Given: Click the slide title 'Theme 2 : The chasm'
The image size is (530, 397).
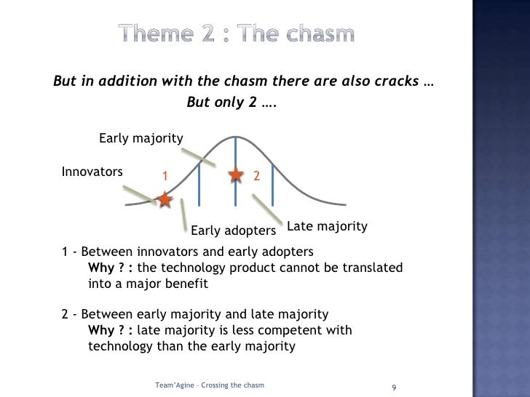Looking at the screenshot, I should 237,33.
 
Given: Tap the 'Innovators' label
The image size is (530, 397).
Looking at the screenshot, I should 92,172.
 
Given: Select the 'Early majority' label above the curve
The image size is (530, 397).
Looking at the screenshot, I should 141,138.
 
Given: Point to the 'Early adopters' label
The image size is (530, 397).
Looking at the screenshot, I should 233,231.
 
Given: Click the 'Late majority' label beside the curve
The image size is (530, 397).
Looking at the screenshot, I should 328,226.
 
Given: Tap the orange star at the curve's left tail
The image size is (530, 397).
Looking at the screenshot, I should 165,199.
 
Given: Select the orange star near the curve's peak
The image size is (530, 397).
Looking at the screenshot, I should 236,175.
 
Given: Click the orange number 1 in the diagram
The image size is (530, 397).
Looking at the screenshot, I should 165,176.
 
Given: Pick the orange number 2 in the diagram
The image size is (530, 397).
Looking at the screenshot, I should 256,176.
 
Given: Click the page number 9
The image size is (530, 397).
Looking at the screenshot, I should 394,385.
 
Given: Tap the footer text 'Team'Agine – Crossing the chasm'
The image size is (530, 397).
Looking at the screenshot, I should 210,383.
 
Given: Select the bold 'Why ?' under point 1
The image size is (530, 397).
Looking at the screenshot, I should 106,268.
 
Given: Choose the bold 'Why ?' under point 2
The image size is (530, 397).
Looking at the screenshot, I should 106,331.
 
